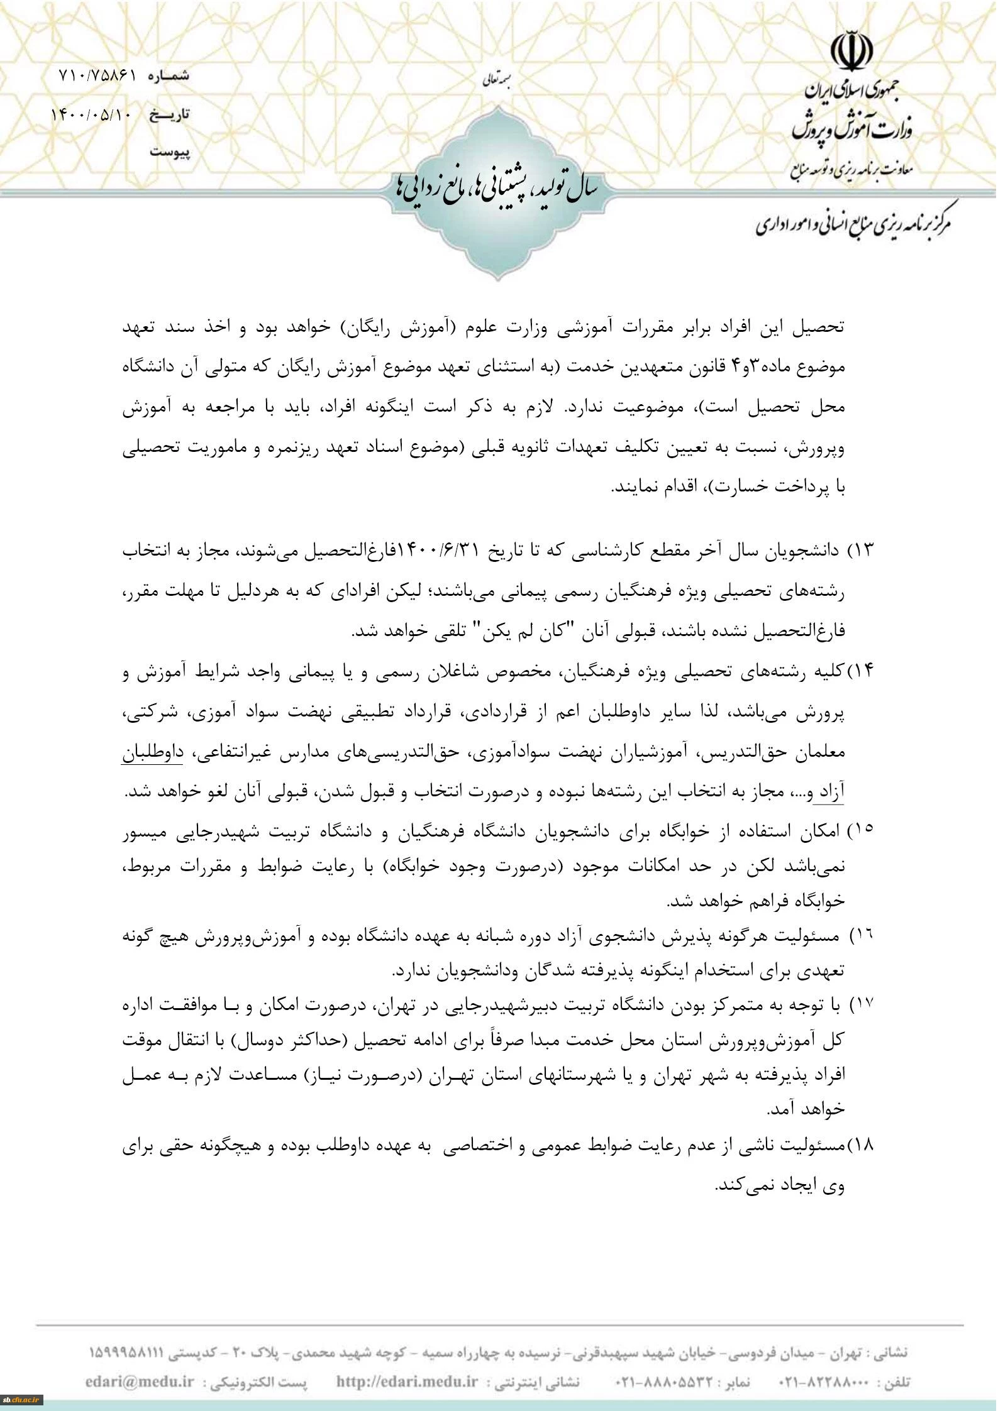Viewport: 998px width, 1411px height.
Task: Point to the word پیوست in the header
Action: point(169,152)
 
